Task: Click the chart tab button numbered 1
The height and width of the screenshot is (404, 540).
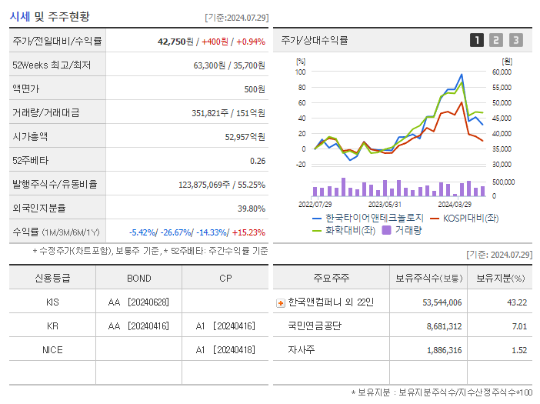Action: point(477,40)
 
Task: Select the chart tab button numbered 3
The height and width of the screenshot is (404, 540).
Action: point(515,40)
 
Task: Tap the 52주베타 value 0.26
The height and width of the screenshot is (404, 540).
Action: point(257,160)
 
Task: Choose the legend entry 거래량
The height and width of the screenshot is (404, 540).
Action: point(408,230)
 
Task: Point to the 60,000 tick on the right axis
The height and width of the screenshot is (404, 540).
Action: point(501,72)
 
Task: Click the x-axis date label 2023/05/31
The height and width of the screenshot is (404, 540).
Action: point(385,204)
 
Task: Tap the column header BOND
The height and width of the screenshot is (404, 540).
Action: point(138,278)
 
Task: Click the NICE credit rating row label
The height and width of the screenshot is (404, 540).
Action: point(52,349)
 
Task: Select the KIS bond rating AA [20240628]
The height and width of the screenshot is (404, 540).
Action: point(138,302)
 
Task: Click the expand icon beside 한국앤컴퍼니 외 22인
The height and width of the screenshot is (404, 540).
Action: point(281,302)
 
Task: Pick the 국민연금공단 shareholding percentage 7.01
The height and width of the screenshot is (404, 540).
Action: point(518,326)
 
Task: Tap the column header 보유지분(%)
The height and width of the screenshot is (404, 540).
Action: point(500,278)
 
